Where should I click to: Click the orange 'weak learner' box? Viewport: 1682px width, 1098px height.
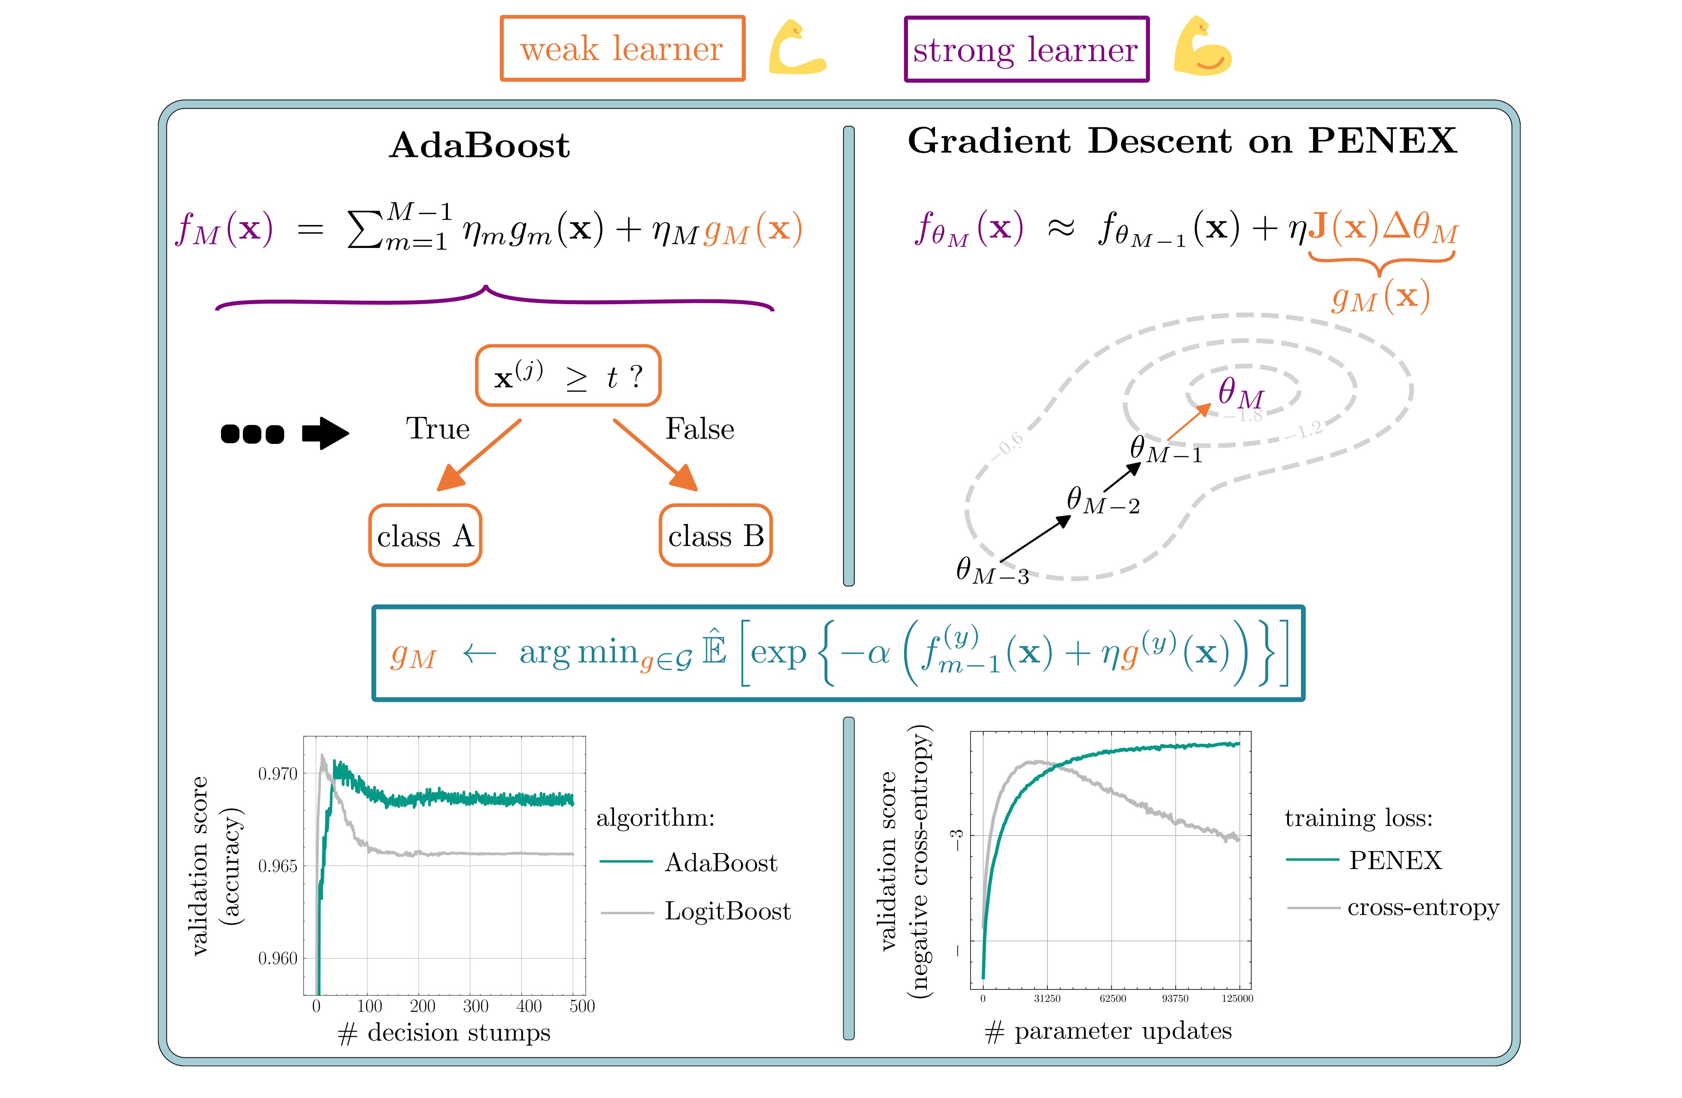pyautogui.click(x=622, y=49)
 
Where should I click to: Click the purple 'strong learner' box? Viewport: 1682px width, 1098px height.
pyautogui.click(x=1026, y=49)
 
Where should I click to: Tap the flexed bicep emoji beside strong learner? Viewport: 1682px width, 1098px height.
pyautogui.click(x=1202, y=48)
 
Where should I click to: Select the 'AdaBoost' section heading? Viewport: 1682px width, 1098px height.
pyautogui.click(x=479, y=145)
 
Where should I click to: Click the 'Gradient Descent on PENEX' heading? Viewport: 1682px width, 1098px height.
pyautogui.click(x=1182, y=141)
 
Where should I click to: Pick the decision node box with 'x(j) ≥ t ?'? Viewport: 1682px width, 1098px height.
pyautogui.click(x=568, y=376)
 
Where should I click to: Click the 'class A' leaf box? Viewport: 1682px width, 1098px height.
pyautogui.click(x=425, y=536)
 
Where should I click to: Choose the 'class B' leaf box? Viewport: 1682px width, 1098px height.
pyautogui.click(x=715, y=536)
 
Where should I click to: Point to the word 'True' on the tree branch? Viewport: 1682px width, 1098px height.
pyautogui.click(x=438, y=429)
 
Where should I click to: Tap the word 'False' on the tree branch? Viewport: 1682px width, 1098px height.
pyautogui.click(x=700, y=429)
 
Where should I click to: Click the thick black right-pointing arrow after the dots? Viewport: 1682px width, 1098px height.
pyautogui.click(x=326, y=433)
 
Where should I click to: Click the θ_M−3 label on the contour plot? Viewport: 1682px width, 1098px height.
pyautogui.click(x=992, y=571)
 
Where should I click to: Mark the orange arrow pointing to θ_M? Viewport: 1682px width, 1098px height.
pyautogui.click(x=1189, y=421)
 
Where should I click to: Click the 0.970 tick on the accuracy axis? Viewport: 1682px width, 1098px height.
pyautogui.click(x=278, y=774)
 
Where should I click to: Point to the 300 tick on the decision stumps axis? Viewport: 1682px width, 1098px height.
pyautogui.click(x=475, y=1006)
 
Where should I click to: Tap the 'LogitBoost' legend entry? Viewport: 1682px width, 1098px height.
pyautogui.click(x=727, y=911)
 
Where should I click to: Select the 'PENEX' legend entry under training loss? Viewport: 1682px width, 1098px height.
pyautogui.click(x=1395, y=860)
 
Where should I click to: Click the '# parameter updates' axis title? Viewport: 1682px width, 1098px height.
pyautogui.click(x=1108, y=1031)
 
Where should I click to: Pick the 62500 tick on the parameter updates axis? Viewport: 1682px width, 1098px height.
pyautogui.click(x=1112, y=998)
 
